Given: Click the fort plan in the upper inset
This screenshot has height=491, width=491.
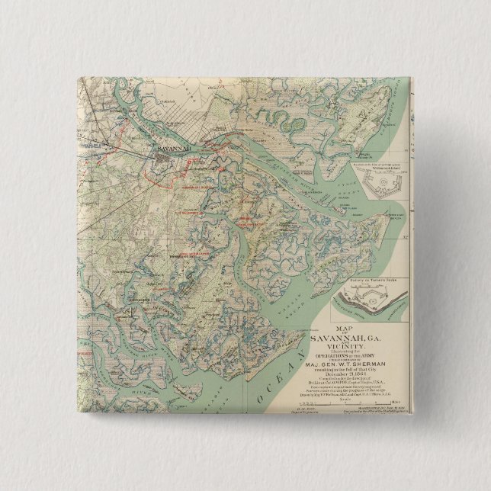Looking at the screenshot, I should point(380,182).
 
